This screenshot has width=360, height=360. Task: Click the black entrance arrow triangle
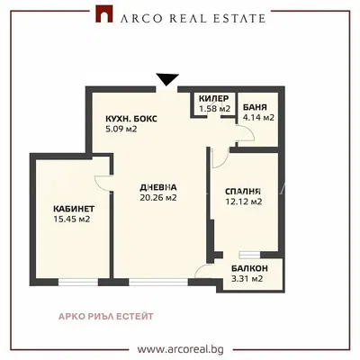pos(167,79)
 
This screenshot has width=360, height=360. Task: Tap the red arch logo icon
pos(104,13)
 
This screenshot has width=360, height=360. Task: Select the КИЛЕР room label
pos(214,98)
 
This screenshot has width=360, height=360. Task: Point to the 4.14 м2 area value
pos(258,118)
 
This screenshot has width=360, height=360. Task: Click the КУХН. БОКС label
pos(131,119)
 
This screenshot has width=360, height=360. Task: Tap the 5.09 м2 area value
pos(121,130)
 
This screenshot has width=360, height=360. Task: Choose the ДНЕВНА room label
pos(158,187)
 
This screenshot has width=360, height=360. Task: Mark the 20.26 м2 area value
pos(158,198)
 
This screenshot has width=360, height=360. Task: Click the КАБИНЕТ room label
pos(74,209)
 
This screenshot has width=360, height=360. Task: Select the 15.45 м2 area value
pos(72,219)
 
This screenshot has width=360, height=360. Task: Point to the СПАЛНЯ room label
pos(243,192)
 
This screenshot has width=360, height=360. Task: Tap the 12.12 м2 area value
pos(244,202)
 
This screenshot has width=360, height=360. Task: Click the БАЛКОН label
pos(249,268)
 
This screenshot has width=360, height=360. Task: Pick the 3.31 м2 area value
pos(247,279)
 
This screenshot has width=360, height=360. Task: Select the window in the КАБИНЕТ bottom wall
pos(78,283)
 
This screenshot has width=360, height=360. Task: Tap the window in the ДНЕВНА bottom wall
pos(158,283)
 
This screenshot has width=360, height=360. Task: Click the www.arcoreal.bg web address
pos(181,349)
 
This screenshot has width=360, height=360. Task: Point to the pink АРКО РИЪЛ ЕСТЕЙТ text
pos(105,317)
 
